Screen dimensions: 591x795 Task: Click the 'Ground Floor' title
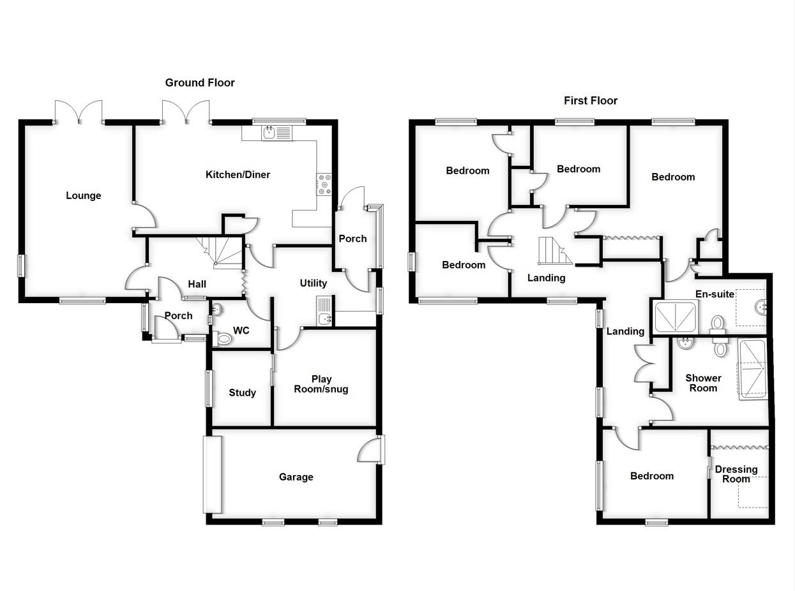[200, 82]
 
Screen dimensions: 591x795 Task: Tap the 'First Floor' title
[590, 100]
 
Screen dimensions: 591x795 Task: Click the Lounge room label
[83, 195]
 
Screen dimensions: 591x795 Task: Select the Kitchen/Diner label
[238, 174]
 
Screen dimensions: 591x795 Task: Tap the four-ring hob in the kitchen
[324, 184]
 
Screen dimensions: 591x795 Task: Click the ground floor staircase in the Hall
[220, 250]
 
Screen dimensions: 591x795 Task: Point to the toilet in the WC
[223, 338]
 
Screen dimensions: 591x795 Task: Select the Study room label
[242, 393]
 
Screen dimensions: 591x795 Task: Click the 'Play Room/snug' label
[321, 384]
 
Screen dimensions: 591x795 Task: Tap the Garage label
[296, 477]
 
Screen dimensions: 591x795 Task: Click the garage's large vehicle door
[212, 474]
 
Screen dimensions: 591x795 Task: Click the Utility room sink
[324, 311]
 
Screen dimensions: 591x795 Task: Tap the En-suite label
[715, 294]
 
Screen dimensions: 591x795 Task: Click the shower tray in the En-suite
[676, 317]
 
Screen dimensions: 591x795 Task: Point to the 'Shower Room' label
[703, 383]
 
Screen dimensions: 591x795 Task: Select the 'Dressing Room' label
[736, 474]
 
